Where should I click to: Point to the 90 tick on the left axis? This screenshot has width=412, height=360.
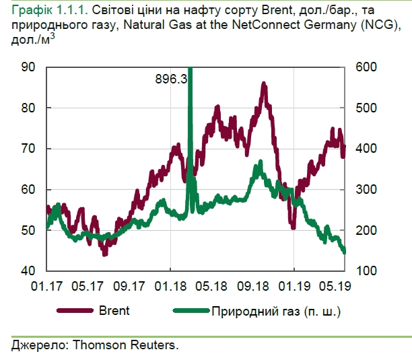(x=29, y=67)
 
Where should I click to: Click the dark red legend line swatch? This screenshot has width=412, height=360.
(x=75, y=311)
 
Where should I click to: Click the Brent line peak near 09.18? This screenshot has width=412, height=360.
(x=263, y=85)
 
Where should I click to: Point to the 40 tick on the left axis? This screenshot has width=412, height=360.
(x=29, y=271)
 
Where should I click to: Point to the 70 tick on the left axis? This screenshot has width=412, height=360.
(x=29, y=149)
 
